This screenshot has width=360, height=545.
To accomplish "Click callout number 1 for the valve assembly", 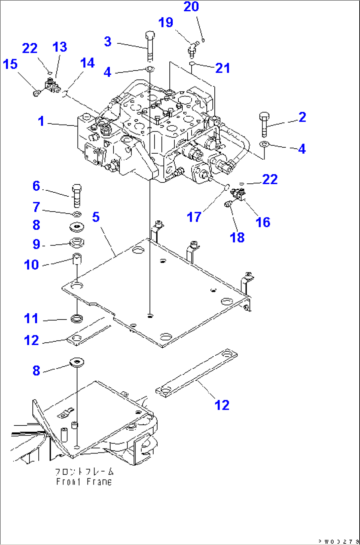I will (41, 121).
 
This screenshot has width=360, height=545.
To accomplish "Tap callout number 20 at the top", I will (191, 6).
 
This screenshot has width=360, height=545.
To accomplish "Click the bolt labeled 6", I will (76, 195).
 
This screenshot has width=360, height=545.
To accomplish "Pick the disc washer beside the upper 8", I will (77, 227).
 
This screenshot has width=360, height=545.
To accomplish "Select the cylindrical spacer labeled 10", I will (77, 258).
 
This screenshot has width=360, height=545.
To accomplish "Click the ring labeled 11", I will (77, 319).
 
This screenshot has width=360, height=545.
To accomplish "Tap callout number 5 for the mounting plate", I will (96, 217).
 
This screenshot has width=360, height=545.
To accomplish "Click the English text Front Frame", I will (84, 482).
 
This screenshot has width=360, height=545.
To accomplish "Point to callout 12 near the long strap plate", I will (222, 405).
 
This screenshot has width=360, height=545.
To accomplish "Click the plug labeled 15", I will (36, 94).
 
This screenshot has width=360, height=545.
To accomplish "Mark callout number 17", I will (194, 217).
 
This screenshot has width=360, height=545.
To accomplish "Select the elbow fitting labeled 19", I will (193, 48).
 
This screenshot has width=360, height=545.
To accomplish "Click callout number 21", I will (222, 68).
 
